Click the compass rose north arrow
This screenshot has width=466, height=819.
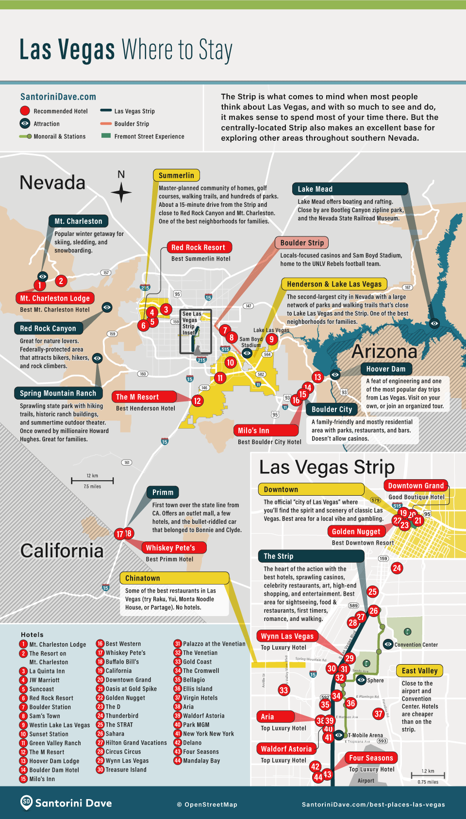coord(121,192)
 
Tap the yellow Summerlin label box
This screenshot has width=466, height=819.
coord(176,175)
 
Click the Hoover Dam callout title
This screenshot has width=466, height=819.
coord(386,368)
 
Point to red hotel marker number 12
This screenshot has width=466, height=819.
coord(197,401)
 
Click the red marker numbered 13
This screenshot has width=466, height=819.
coord(317,377)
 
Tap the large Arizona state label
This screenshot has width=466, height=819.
coord(384,351)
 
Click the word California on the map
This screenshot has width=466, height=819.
coord(62,551)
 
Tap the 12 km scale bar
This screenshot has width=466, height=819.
coord(92,481)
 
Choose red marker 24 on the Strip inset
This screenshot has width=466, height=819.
coord(397,568)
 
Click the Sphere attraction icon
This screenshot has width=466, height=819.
coord(361,680)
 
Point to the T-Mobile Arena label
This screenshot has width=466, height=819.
coord(365,735)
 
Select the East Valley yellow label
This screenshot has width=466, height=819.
coord(419,670)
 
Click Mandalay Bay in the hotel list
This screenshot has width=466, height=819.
coord(201,761)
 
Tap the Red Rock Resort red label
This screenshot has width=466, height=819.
coord(199,247)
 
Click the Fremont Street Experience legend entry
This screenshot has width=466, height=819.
coord(149,136)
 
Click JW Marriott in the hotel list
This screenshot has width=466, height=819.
coord(44,680)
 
